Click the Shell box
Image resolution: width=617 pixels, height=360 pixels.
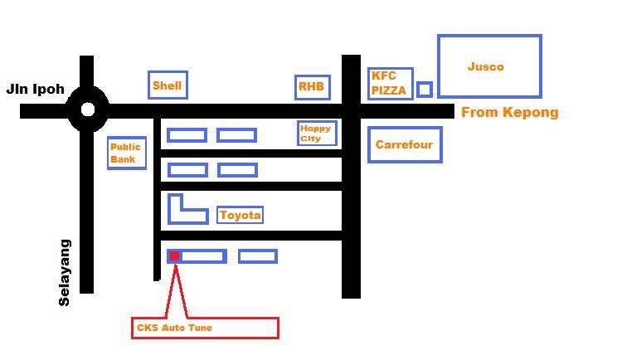pyautogui.click(x=168, y=85)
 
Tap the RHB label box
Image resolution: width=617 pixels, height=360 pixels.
pyautogui.click(x=312, y=87)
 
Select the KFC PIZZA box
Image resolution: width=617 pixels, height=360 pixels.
pyautogui.click(x=390, y=84)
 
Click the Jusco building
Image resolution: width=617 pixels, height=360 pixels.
pyautogui.click(x=489, y=66)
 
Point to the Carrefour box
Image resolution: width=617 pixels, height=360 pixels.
pyautogui.click(x=404, y=144)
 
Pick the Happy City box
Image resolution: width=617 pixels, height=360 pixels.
pyautogui.click(x=317, y=134)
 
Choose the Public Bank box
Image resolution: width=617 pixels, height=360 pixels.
pyautogui.click(x=126, y=153)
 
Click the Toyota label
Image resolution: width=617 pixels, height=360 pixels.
pyautogui.click(x=240, y=216)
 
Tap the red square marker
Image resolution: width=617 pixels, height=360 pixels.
pyautogui.click(x=175, y=256)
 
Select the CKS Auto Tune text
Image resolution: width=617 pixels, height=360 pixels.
pyautogui.click(x=174, y=328)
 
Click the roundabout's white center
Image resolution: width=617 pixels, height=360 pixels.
pyautogui.click(x=87, y=109)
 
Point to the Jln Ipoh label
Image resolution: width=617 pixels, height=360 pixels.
pyautogui.click(x=35, y=89)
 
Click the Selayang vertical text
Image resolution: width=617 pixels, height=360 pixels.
pyautogui.click(x=65, y=273)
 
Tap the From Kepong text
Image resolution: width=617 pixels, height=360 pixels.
pyautogui.click(x=509, y=112)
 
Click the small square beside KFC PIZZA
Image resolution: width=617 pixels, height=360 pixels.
pyautogui.click(x=424, y=89)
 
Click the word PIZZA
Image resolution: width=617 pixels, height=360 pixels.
pyautogui.click(x=389, y=90)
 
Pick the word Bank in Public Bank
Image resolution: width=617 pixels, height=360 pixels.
pyautogui.click(x=123, y=158)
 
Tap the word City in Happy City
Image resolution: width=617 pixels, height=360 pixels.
pyautogui.click(x=310, y=139)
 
